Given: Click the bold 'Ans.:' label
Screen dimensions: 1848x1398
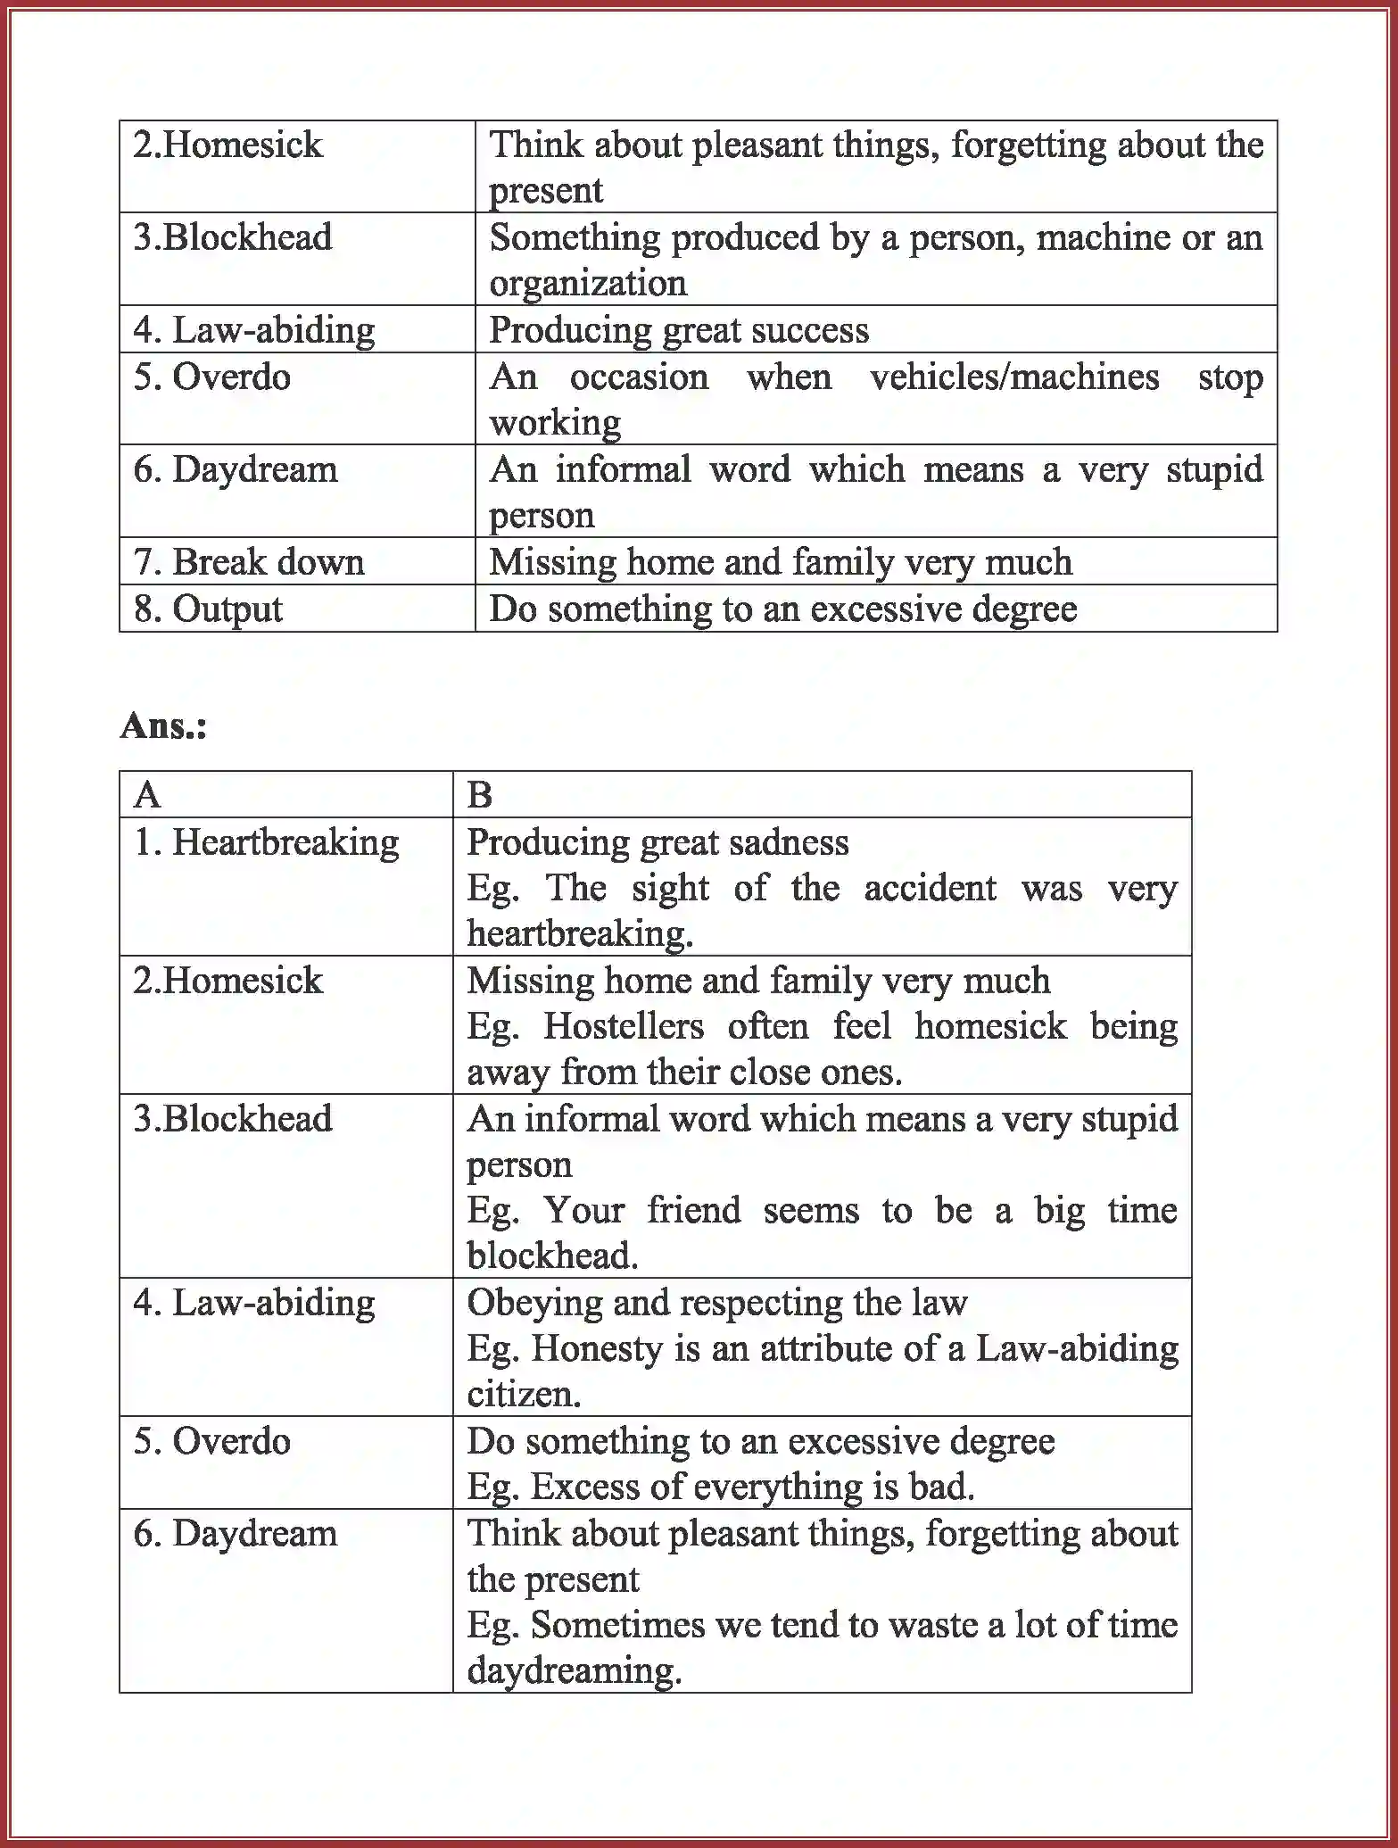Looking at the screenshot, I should point(163,725).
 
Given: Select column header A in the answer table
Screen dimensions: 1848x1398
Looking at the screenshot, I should point(147,794).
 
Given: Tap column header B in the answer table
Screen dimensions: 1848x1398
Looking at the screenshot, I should point(479,794).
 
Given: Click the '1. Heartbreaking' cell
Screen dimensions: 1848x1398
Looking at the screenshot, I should point(266,842).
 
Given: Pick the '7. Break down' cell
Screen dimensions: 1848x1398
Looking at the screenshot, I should point(249,562).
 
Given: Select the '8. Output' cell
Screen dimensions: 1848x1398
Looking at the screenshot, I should point(208,609).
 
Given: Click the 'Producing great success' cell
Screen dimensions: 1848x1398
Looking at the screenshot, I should point(678,330).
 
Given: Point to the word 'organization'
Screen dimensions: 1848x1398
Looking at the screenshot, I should point(588,284).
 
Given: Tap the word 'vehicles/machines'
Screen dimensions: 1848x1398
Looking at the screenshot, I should point(1014,377).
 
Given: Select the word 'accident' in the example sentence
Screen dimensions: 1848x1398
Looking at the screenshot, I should point(930,889).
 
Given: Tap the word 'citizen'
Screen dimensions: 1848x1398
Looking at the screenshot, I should point(522,1394).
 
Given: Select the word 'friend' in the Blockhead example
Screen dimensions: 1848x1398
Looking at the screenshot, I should point(693,1211).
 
